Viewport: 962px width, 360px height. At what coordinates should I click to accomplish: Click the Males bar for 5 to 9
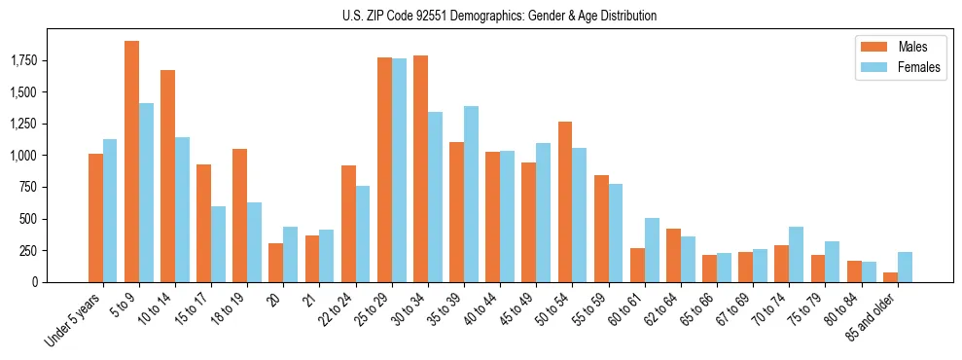[x=131, y=162]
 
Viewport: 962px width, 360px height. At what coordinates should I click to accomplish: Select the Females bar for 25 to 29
[x=399, y=170]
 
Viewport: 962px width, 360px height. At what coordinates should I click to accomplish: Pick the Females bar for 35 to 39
[x=471, y=194]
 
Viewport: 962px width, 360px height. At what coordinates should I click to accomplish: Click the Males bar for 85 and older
[x=890, y=277]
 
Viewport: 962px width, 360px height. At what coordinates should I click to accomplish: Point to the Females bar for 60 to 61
[x=652, y=250]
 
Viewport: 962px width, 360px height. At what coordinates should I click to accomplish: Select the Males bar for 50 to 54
[x=565, y=201]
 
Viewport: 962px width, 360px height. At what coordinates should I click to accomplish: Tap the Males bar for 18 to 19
[x=239, y=215]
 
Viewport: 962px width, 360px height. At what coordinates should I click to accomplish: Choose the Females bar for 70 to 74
[x=796, y=254]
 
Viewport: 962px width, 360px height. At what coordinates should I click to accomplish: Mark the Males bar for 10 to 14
[x=167, y=176]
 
